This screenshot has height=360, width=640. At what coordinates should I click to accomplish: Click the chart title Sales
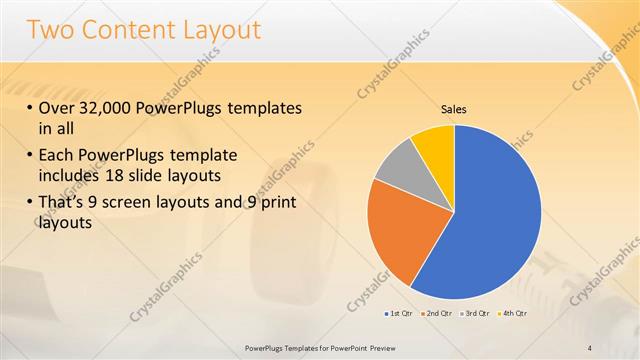click(x=454, y=109)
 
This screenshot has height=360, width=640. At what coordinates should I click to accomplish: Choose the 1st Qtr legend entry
click(x=399, y=314)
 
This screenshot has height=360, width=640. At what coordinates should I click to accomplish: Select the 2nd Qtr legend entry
click(x=436, y=314)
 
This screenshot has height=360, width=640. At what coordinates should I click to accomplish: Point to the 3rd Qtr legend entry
click(x=473, y=314)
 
